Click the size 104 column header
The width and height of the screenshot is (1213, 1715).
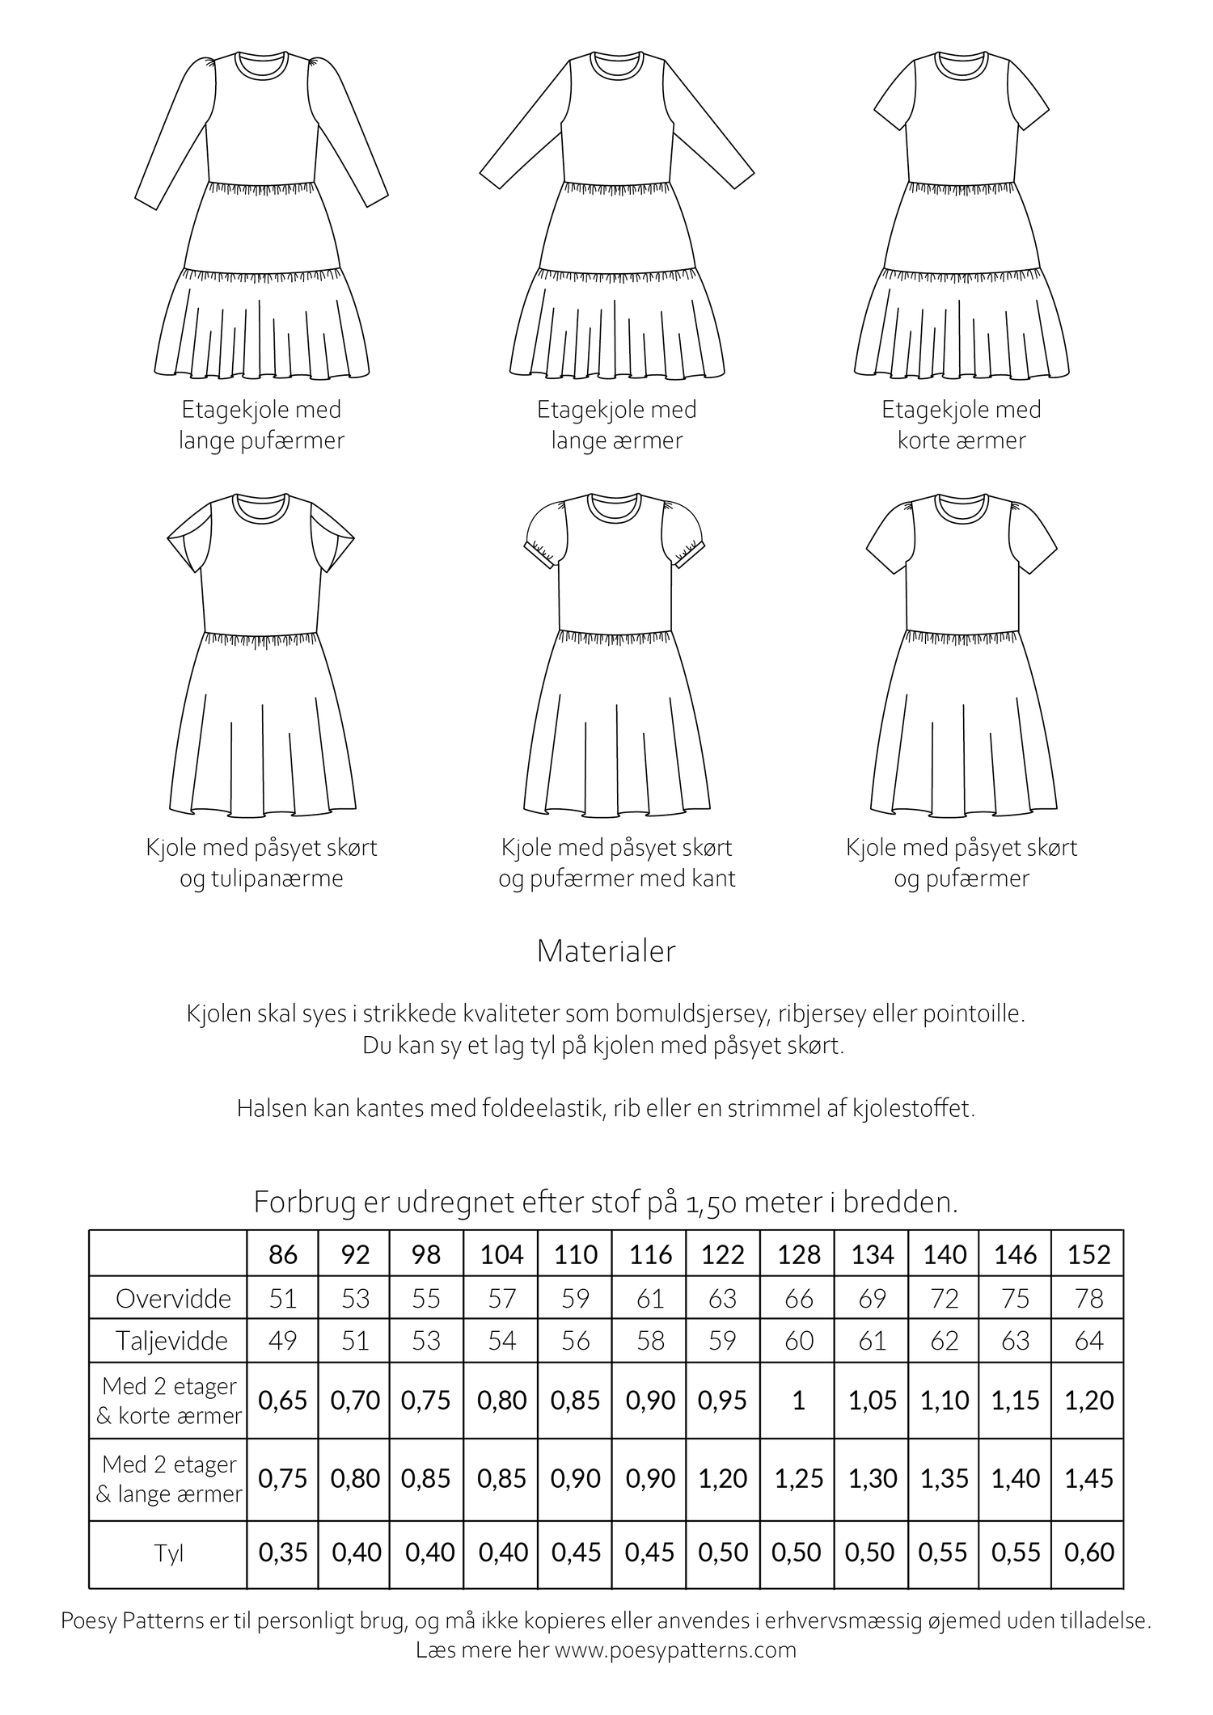(x=501, y=1254)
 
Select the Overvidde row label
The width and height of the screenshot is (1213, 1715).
(x=173, y=1298)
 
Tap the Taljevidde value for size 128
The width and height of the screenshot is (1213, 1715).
(x=798, y=1341)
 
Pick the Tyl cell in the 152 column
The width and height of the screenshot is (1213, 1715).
(x=1088, y=1552)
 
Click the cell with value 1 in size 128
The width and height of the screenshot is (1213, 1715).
(x=798, y=1400)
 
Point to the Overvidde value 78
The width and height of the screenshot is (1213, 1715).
(x=1088, y=1298)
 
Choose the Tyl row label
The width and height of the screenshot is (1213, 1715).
(x=168, y=1553)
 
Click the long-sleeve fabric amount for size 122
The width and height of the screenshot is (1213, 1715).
(x=722, y=1478)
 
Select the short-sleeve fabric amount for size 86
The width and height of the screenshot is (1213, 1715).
(x=282, y=1400)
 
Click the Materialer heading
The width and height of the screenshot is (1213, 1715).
(x=606, y=951)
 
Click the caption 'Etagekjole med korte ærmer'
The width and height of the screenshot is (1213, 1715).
(x=961, y=424)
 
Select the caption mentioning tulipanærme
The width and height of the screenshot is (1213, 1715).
(x=261, y=862)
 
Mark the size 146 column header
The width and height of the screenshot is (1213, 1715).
(x=1015, y=1254)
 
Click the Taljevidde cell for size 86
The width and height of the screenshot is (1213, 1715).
(x=282, y=1341)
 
